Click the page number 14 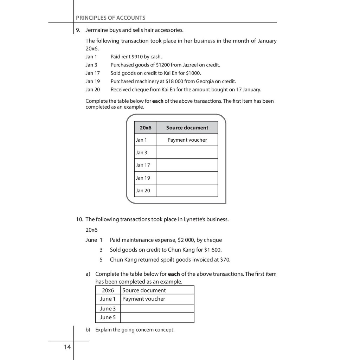pos(67,347)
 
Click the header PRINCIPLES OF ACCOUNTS pos(110,18)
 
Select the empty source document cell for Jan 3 pos(187,153)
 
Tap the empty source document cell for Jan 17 pos(187,165)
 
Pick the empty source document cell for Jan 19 pos(187,178)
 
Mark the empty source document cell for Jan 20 pos(187,191)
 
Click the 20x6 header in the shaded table pos(145,128)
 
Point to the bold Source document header pos(187,128)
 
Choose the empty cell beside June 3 pos(157,309)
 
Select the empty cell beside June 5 pos(157,317)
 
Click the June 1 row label pos(108,299)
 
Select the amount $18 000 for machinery pos(172,82)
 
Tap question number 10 pos(79,219)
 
